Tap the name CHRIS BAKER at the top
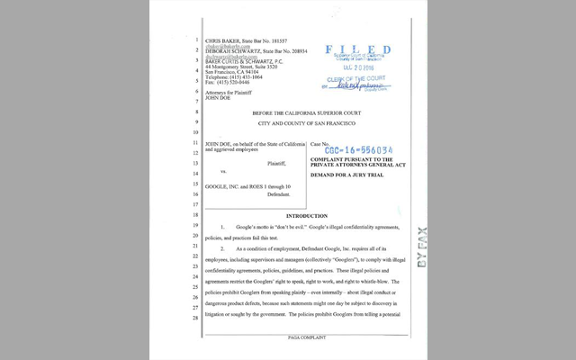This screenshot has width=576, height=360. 225,41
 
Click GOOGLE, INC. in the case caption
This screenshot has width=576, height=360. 225,186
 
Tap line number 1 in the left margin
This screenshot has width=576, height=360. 195,41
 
